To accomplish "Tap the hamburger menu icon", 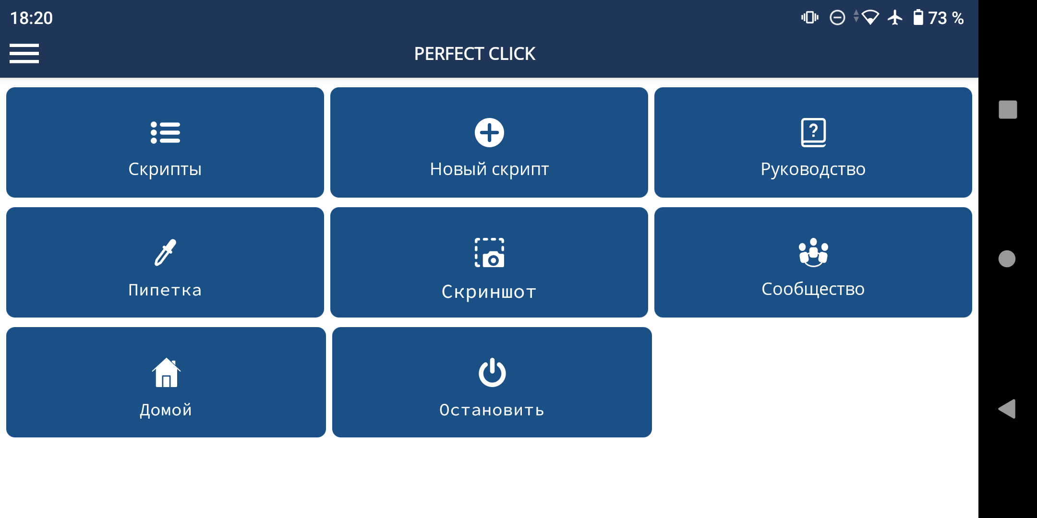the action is click(24, 53).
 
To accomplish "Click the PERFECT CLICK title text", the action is click(474, 54).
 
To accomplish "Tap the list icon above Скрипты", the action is click(165, 132).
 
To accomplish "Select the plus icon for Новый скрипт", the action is click(489, 132).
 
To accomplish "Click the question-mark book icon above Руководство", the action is click(813, 132).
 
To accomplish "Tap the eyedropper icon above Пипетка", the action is click(165, 252).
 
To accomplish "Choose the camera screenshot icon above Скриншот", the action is click(489, 253).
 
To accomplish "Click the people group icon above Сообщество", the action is click(813, 252).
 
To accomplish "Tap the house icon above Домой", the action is click(166, 372).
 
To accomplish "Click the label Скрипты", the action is click(165, 169).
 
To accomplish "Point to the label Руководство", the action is click(813, 169).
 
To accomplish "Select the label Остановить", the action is click(492, 410).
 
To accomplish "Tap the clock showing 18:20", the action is click(32, 18).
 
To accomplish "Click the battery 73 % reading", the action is click(939, 18).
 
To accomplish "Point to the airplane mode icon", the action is click(895, 18).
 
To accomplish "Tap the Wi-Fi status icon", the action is click(870, 18).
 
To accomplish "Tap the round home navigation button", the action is click(1007, 259).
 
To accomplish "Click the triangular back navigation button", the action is click(1007, 409).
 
